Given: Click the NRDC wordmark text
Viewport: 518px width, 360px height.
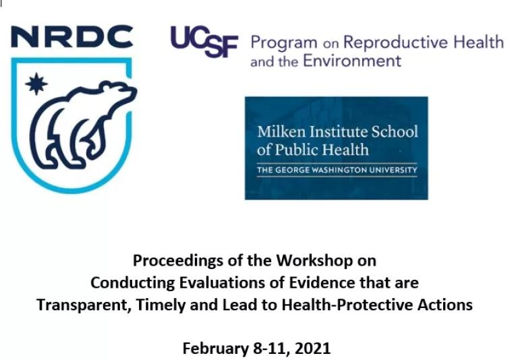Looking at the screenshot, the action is pos(72,36).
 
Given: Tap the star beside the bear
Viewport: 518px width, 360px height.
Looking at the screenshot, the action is pos(36,84).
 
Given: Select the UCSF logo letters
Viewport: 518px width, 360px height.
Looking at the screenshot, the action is pos(204,41).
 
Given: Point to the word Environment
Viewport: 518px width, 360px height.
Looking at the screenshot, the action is pos(352,61).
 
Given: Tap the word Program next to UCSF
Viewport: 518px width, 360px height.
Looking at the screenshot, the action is pos(284,43).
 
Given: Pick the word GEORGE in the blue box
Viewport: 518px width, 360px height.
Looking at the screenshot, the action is pos(292,170).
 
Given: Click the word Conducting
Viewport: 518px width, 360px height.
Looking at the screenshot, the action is pos(132,283).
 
